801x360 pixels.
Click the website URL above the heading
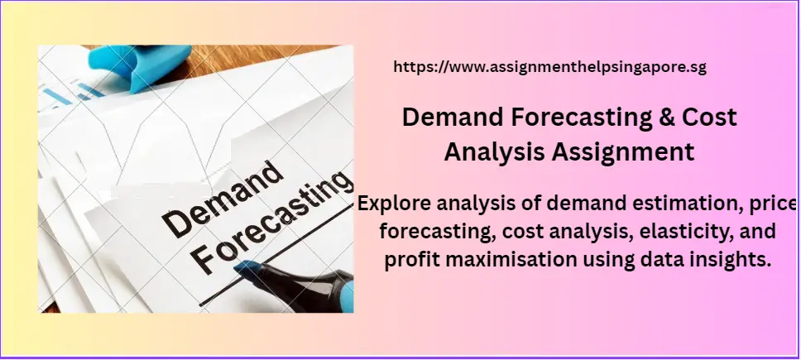tap(549, 68)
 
